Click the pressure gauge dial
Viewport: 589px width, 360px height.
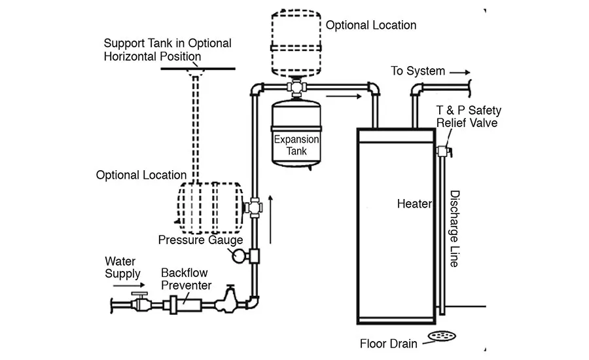(238, 257)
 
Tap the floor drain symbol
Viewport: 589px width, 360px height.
(442, 336)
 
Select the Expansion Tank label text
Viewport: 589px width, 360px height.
(296, 145)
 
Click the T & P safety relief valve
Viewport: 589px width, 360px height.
(444, 151)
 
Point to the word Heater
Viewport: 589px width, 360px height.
(414, 204)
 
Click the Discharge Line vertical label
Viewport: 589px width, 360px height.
(455, 228)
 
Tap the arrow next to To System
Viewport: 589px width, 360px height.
(460, 72)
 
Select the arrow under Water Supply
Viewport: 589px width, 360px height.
(129, 285)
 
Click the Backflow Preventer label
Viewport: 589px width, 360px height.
(186, 279)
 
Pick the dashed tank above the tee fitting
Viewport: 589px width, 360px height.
(296, 44)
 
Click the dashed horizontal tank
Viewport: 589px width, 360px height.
(209, 207)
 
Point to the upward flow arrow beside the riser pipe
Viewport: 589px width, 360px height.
(270, 219)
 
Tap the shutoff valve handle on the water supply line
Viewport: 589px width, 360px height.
(139, 293)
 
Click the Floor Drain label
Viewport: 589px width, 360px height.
(388, 344)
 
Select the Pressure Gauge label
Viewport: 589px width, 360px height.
(200, 240)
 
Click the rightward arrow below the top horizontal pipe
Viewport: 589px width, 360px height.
(344, 97)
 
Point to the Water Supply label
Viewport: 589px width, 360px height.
(122, 267)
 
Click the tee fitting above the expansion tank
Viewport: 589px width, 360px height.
(296, 87)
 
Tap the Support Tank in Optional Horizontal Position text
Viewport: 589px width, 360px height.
(168, 50)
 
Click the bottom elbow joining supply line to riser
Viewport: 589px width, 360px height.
(254, 302)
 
